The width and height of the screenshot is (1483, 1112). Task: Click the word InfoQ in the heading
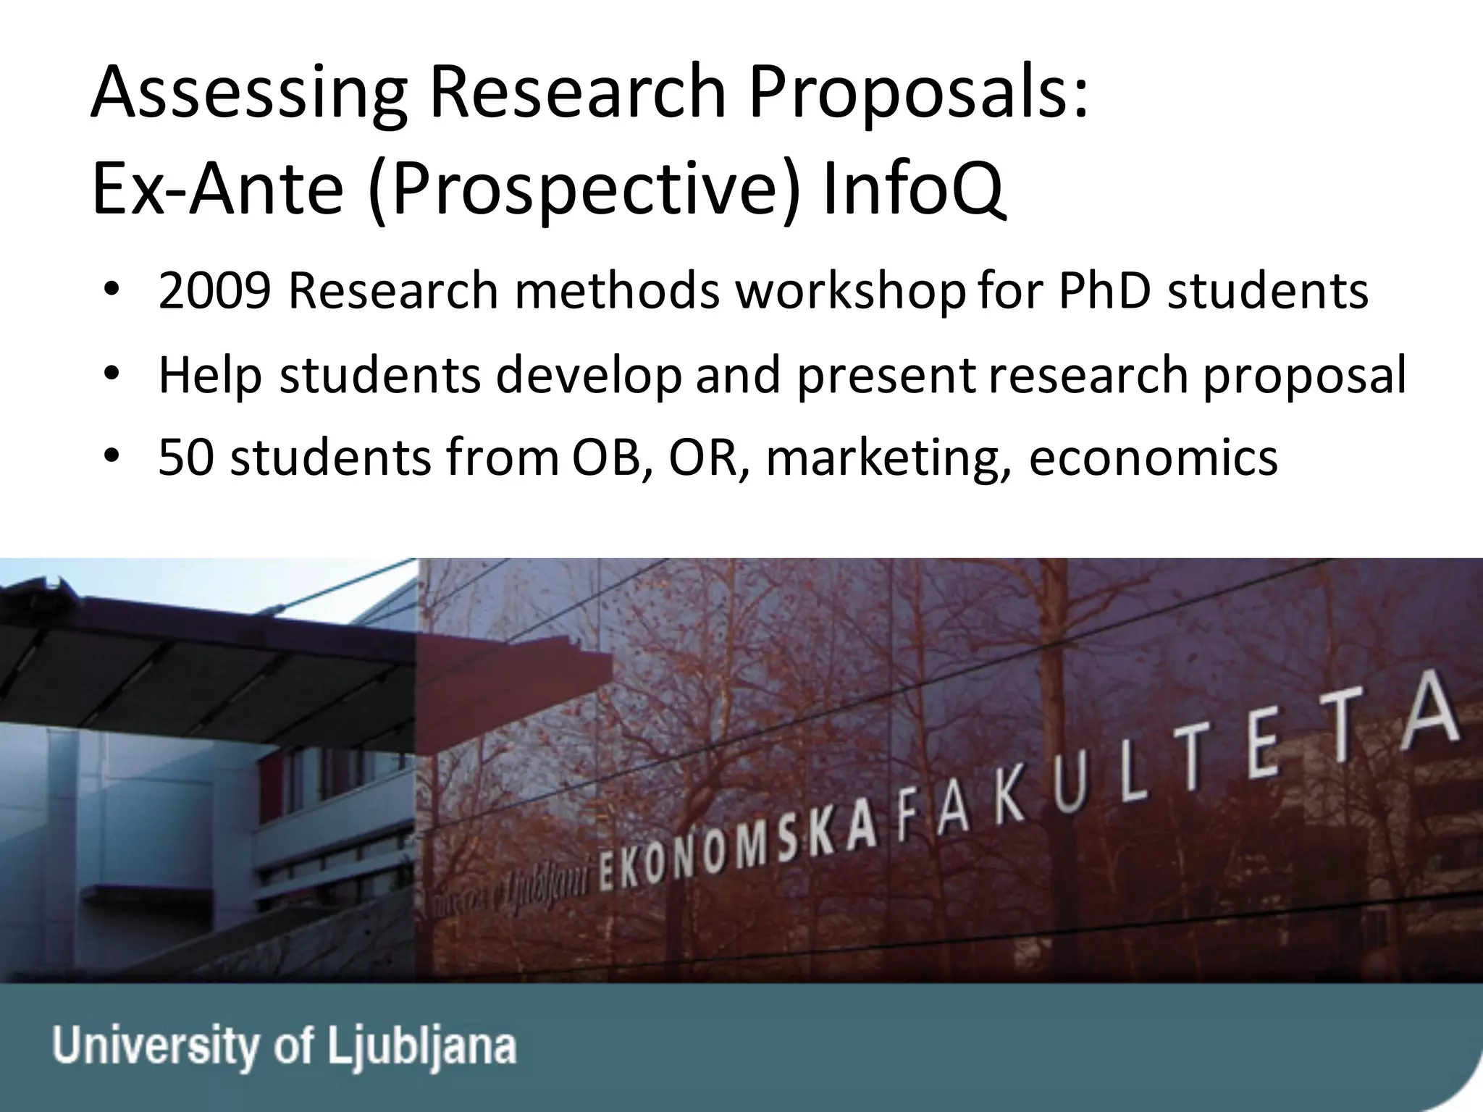pyautogui.click(x=914, y=190)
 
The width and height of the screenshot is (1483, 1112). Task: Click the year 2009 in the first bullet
pyautogui.click(x=215, y=291)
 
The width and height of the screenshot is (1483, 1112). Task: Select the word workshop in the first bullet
pyautogui.click(x=850, y=292)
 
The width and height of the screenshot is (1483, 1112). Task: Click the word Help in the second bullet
pyautogui.click(x=210, y=375)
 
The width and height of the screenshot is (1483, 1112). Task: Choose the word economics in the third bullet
pyautogui.click(x=1153, y=458)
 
